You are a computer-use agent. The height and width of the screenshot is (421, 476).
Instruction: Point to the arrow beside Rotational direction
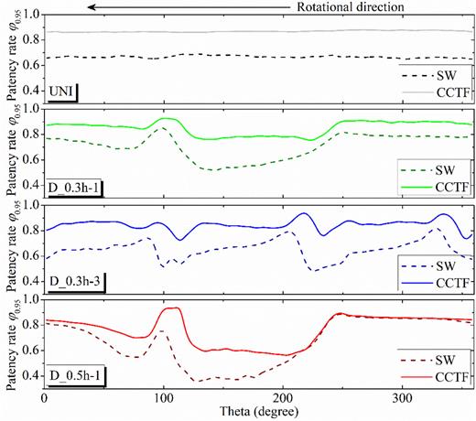tap(189, 8)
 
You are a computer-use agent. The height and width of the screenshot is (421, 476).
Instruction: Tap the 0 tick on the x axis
tap(45, 400)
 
